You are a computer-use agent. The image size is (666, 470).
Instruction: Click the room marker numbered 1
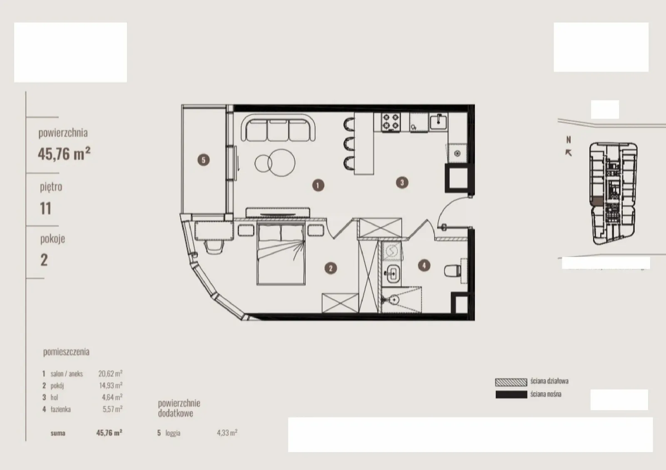(x=318, y=185)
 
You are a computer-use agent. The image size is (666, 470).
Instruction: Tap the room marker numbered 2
(x=331, y=268)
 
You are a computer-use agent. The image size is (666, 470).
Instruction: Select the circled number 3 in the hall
(x=402, y=182)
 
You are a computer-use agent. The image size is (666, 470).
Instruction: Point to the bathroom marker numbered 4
(x=424, y=265)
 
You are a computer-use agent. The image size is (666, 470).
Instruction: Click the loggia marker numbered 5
(x=204, y=159)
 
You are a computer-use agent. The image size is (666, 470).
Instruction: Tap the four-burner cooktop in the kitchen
(x=391, y=122)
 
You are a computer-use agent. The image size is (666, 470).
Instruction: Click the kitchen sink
(x=438, y=121)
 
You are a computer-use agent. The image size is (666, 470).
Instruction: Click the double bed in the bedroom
(x=281, y=254)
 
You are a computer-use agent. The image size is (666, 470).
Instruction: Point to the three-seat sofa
(x=278, y=128)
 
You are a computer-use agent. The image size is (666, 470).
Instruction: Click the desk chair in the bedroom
(x=214, y=247)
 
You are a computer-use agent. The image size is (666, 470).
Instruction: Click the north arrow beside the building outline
(x=568, y=153)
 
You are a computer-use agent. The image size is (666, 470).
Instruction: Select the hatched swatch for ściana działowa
(x=511, y=382)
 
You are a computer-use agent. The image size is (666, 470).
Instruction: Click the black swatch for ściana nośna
(x=511, y=395)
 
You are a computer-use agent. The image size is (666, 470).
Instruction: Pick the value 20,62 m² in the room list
(x=110, y=373)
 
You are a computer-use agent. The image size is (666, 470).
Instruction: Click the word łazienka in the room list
(x=61, y=409)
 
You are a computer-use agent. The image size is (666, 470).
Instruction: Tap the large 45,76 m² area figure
(x=64, y=154)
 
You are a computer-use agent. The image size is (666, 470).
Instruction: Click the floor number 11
(x=45, y=208)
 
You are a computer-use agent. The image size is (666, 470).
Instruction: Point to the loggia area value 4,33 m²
(x=227, y=433)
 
